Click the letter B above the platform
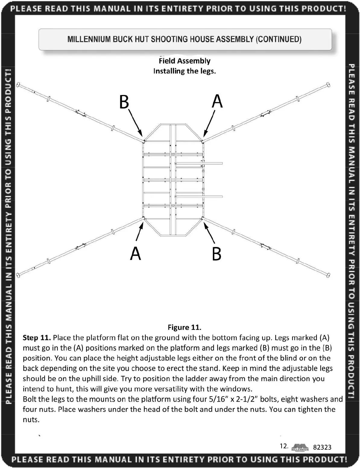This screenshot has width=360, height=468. (124, 102)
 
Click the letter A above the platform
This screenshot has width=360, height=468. (217, 101)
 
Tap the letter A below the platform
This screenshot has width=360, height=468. (135, 253)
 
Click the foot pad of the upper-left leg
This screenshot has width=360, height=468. (18, 85)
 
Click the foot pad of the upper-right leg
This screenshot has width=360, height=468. (328, 85)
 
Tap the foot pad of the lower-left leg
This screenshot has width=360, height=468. (18, 275)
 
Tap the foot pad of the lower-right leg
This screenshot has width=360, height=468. (329, 275)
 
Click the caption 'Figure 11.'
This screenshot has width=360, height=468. (184, 327)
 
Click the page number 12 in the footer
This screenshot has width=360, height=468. (284, 446)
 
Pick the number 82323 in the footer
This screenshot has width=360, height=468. (322, 447)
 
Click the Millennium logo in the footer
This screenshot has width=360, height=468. (300, 447)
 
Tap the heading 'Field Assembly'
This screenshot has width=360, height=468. (185, 61)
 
